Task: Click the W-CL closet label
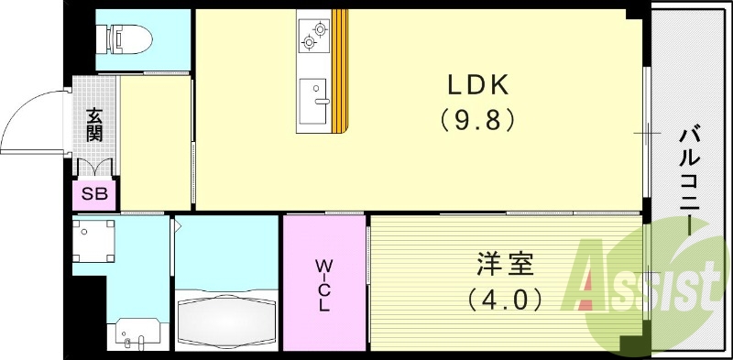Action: coord(323,285)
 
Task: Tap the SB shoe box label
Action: coord(94,194)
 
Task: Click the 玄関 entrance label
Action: coord(94,124)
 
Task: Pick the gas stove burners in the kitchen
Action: coord(313,34)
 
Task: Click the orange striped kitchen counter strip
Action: coord(341,70)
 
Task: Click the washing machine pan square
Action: coord(93,241)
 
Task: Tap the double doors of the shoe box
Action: coord(95,168)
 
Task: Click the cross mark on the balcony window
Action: coord(648,133)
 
